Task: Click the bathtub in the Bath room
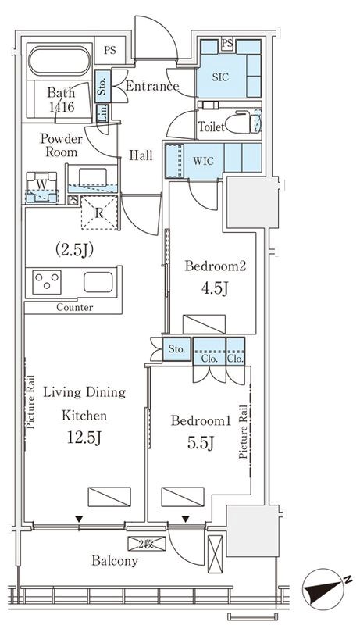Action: point(59,61)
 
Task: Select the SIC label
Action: point(220,77)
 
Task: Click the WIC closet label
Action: point(203,162)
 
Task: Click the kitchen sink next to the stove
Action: point(98,282)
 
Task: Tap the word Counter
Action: point(75,307)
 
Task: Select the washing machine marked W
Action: point(42,187)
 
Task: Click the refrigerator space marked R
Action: point(100,212)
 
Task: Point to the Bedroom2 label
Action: point(215,266)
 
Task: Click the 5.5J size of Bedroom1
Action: point(201,442)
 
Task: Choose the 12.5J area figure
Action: point(84,438)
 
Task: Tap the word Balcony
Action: point(115,561)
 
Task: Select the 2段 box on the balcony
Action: point(147,543)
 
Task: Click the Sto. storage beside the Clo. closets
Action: point(176,349)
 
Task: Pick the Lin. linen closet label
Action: point(102,113)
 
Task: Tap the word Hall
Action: point(141,155)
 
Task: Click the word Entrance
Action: point(152,86)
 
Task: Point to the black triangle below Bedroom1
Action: point(186,519)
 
